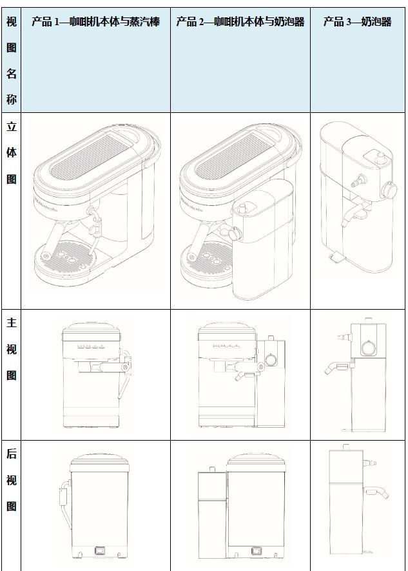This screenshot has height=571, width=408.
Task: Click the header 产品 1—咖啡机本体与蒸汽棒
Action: tap(95, 22)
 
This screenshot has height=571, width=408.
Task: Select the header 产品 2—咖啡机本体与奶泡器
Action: tap(240, 22)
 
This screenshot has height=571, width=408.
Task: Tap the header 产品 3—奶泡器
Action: tap(357, 22)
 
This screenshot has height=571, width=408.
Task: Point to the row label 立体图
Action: tap(12, 152)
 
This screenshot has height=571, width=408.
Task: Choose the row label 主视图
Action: tap(12, 349)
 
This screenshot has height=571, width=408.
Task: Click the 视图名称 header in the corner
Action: tap(12, 61)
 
